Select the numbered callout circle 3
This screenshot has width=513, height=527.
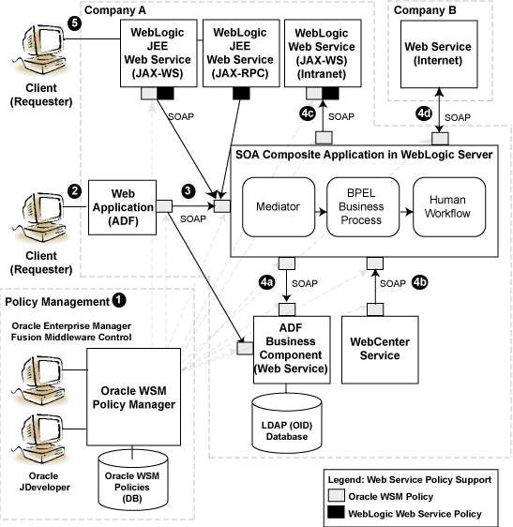(189, 190)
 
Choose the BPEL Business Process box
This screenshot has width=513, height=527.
(364, 206)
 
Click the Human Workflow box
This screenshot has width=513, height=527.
(449, 206)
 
